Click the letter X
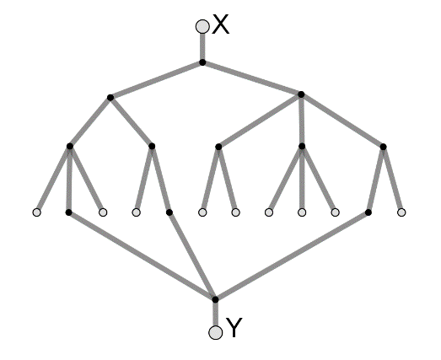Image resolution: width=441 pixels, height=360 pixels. click(x=221, y=24)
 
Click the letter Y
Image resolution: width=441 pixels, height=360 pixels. click(x=234, y=327)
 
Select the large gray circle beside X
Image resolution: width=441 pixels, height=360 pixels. click(x=202, y=26)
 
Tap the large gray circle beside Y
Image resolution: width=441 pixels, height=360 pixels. click(x=216, y=332)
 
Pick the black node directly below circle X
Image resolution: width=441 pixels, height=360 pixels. click(x=202, y=62)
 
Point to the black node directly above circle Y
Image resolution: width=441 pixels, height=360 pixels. click(x=215, y=299)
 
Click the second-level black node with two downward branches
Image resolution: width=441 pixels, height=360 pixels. click(x=110, y=98)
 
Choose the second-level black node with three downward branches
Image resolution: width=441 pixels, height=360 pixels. click(x=301, y=94)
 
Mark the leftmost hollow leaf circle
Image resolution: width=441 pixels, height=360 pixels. click(x=37, y=212)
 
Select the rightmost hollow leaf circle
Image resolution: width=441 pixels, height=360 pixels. click(x=401, y=212)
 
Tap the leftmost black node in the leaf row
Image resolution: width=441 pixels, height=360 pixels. click(x=68, y=212)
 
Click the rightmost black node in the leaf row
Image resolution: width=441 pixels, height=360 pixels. click(x=368, y=212)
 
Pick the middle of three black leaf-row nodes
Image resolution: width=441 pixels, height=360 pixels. click(x=169, y=212)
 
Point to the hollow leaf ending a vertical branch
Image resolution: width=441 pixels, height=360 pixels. click(x=302, y=212)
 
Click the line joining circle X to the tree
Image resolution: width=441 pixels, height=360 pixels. click(x=202, y=46)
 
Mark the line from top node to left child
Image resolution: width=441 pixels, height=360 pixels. click(x=156, y=80)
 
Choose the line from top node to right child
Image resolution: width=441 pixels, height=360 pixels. click(x=252, y=78)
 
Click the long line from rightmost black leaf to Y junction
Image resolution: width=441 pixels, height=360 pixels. click(x=292, y=256)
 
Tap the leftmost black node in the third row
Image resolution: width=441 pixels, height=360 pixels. click(x=70, y=146)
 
